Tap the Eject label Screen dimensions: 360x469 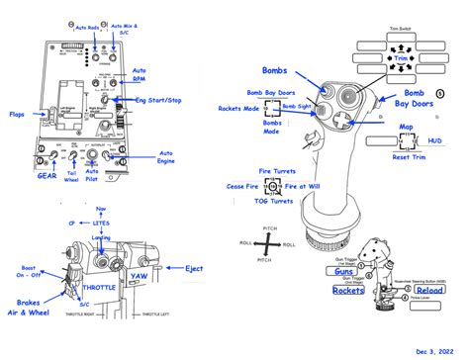click(196, 267)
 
